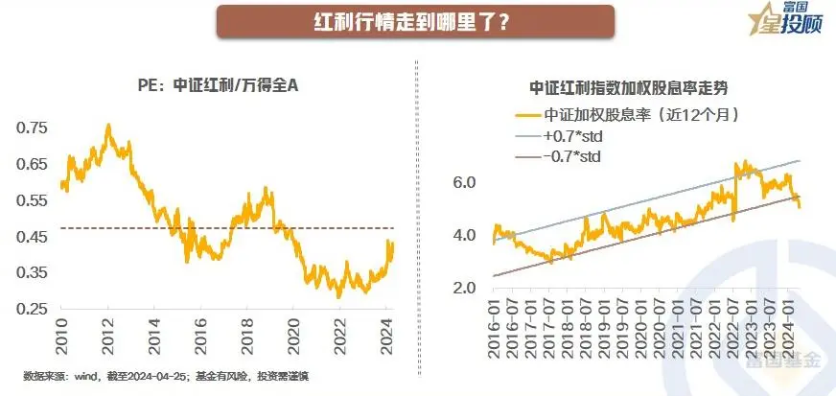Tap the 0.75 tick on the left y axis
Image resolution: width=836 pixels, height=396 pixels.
pos(34,128)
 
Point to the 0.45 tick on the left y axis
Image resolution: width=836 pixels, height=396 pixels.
pos(34,237)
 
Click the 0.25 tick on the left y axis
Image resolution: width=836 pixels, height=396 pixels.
pos(34,309)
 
